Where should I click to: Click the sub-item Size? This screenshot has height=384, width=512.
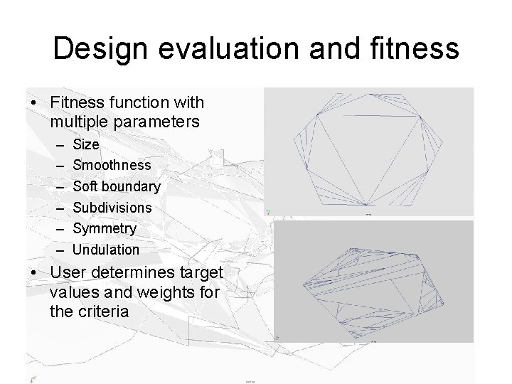(86, 144)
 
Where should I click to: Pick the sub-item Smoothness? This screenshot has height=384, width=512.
(112, 165)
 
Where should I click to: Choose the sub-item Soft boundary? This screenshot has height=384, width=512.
(117, 186)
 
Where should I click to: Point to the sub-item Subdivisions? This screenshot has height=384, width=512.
(112, 208)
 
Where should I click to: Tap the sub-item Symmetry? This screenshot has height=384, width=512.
(105, 228)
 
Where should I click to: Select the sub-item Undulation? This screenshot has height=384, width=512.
(106, 250)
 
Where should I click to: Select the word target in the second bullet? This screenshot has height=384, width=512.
(203, 272)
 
